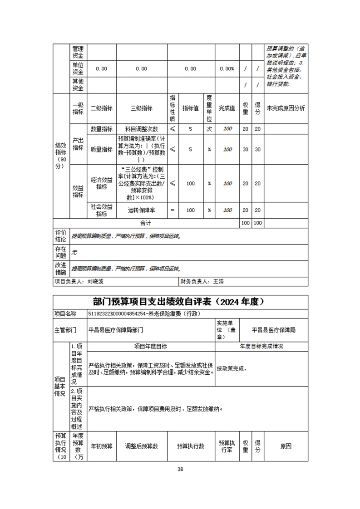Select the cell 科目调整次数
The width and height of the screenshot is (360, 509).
(142, 129)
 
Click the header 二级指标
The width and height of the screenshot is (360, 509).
(101, 108)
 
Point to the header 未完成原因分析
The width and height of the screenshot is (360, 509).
(286, 108)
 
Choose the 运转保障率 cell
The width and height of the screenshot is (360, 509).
(142, 210)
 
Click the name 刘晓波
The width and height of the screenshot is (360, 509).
(96, 281)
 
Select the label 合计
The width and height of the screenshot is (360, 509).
(145, 223)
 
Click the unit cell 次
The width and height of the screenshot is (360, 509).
(209, 129)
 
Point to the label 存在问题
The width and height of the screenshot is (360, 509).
(60, 252)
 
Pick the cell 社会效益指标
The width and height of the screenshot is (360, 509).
(101, 210)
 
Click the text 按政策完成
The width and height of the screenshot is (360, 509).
(232, 368)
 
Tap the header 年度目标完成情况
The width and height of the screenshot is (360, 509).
(261, 346)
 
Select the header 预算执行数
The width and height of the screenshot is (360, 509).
(190, 445)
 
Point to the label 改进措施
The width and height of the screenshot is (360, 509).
(60, 268)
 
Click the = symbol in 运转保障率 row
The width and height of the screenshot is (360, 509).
(173, 210)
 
